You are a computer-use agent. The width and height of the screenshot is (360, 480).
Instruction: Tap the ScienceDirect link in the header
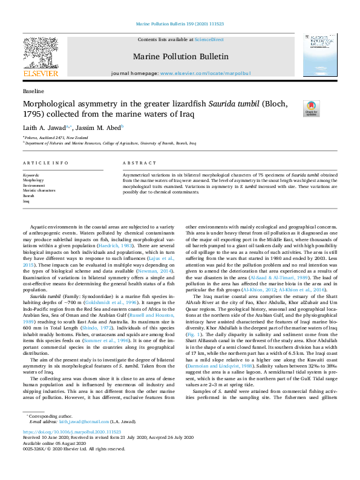tap(209, 39)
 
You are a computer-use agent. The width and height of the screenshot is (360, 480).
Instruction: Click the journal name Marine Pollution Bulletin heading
tap(180, 57)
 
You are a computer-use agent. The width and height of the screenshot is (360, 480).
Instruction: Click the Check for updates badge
tap(311, 108)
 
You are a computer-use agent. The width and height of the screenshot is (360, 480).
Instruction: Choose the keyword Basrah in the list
tap(29, 196)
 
